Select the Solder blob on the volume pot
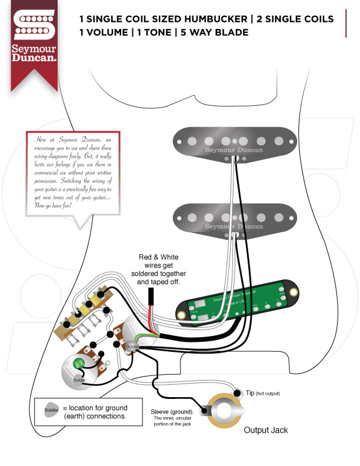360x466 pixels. point(132,347)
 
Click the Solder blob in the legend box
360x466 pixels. point(51,409)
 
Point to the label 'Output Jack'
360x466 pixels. point(266,430)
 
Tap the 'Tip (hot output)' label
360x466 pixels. point(262,392)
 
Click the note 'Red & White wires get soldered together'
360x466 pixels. point(158,269)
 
